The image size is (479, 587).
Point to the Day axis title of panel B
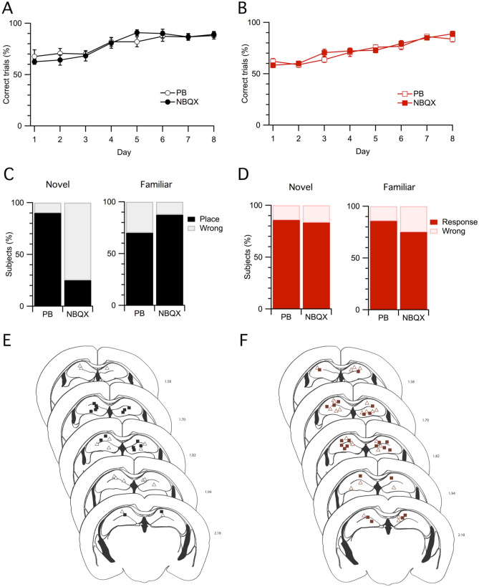point(362,152)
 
